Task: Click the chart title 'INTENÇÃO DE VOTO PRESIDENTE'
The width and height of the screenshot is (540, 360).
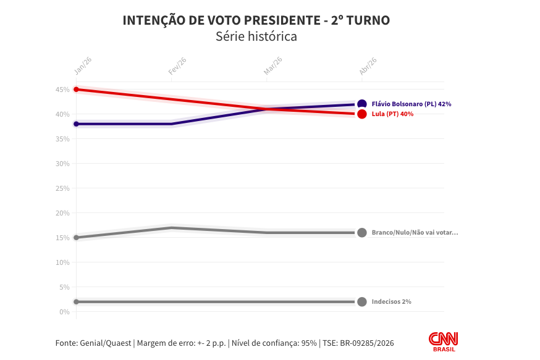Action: (x=256, y=20)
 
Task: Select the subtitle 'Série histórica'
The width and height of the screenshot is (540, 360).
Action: (x=256, y=36)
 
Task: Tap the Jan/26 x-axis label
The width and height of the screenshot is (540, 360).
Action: (x=83, y=66)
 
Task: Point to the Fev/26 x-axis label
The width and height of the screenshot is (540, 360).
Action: (x=177, y=66)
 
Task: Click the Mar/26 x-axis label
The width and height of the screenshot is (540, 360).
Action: (x=272, y=66)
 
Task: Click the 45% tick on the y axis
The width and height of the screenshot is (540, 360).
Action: (x=62, y=90)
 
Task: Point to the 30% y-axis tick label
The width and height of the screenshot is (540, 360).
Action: (x=62, y=164)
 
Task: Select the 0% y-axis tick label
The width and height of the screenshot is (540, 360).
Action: (x=64, y=312)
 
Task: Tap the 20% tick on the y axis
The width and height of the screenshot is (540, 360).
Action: (x=62, y=213)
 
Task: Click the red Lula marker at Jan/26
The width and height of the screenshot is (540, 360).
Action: (x=76, y=90)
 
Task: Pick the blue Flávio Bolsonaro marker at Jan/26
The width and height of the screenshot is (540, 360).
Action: (x=76, y=124)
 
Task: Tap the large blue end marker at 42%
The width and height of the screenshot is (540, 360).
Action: (x=362, y=104)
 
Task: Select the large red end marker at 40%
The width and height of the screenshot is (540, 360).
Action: (x=362, y=114)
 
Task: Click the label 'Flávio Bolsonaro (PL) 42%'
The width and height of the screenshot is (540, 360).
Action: (x=411, y=104)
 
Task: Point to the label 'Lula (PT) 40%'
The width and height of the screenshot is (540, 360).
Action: (x=392, y=114)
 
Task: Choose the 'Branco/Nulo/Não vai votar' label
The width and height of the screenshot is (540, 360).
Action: (x=415, y=233)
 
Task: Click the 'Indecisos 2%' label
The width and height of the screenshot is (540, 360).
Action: (x=391, y=302)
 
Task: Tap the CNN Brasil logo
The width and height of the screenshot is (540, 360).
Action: (x=444, y=341)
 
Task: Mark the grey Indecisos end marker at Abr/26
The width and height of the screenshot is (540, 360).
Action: (x=362, y=302)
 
